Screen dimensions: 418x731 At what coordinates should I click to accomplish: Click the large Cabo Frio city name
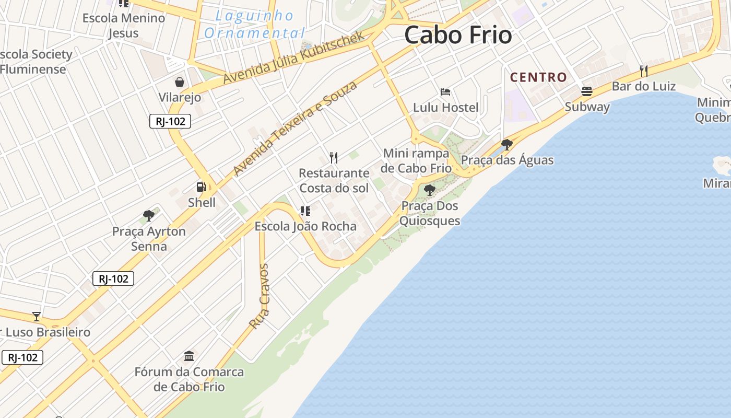click(458, 36)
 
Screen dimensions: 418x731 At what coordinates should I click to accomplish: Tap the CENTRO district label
click(538, 77)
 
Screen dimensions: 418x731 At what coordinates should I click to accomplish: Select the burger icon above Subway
click(586, 91)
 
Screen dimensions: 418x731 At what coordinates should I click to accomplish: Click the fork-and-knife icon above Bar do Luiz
click(644, 71)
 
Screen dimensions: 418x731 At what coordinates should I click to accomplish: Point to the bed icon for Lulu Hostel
click(445, 92)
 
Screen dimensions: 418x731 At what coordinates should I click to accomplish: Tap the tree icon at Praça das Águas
click(506, 144)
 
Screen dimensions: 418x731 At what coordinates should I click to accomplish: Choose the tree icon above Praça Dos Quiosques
click(430, 190)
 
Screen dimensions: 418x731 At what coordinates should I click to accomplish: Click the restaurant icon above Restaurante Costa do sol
click(334, 157)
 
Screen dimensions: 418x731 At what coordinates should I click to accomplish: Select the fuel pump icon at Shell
click(202, 187)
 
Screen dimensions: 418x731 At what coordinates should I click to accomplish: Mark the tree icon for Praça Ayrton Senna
click(149, 215)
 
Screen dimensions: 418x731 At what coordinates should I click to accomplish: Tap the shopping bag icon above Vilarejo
click(180, 82)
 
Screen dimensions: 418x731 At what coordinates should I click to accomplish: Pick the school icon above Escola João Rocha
click(305, 211)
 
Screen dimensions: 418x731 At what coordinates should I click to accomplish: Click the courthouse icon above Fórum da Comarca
click(189, 356)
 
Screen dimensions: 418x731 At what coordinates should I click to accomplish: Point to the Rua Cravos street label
click(260, 296)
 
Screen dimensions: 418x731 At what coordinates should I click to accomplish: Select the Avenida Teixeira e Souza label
click(295, 128)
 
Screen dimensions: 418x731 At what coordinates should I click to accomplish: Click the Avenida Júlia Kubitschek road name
click(293, 57)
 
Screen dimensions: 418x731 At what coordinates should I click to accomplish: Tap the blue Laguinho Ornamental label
click(255, 25)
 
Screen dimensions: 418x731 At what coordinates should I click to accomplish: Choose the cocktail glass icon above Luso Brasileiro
click(37, 316)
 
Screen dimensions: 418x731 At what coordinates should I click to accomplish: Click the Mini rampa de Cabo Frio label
click(416, 160)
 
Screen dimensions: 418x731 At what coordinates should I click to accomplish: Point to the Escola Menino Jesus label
click(124, 25)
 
